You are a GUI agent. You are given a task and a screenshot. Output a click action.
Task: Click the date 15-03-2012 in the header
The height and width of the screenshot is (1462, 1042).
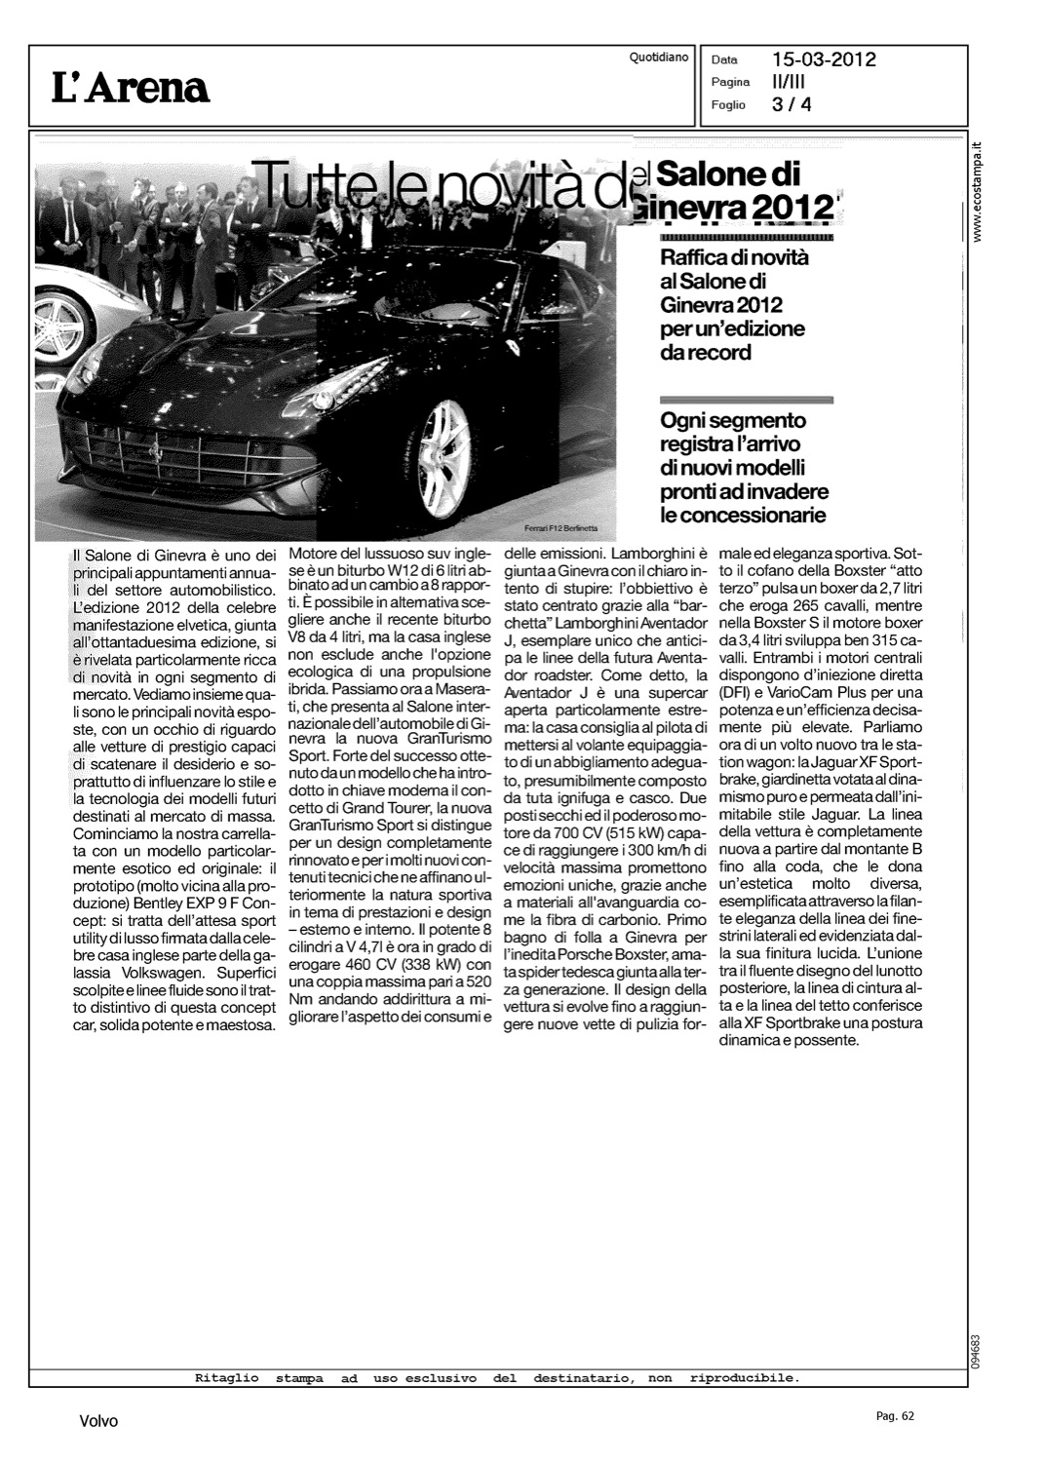pos(824,59)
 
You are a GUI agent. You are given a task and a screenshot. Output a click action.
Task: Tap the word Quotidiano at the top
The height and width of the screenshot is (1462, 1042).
pos(659,57)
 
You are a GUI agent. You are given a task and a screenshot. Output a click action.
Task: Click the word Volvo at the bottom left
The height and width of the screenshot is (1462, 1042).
pos(98,1422)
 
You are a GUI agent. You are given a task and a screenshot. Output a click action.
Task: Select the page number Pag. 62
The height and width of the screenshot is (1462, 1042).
pos(895,1416)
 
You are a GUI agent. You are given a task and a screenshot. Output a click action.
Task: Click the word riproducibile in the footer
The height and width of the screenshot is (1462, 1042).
pos(744,1379)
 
